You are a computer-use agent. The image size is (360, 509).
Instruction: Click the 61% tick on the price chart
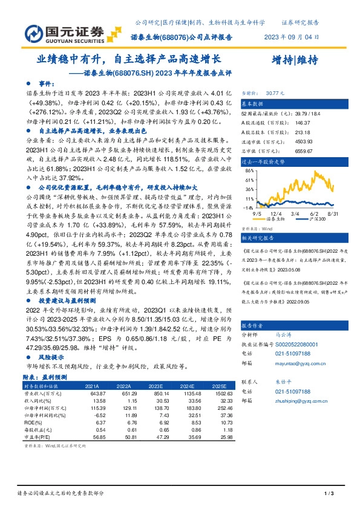tap(249, 180)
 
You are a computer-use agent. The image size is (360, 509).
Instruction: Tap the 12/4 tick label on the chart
tap(277, 213)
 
